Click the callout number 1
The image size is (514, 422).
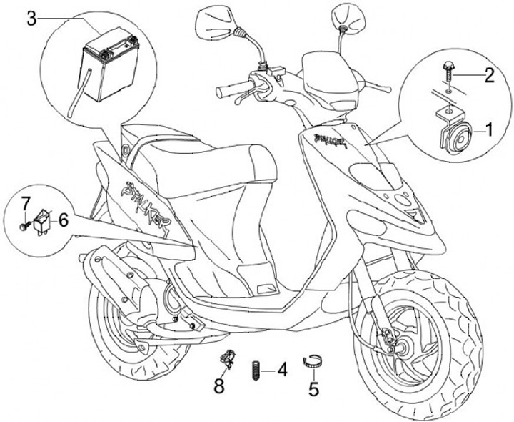tap(490, 130)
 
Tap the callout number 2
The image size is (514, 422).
tap(489, 74)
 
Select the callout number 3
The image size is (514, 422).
tap(31, 19)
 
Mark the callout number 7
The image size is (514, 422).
tap(24, 203)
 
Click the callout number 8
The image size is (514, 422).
tap(219, 386)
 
